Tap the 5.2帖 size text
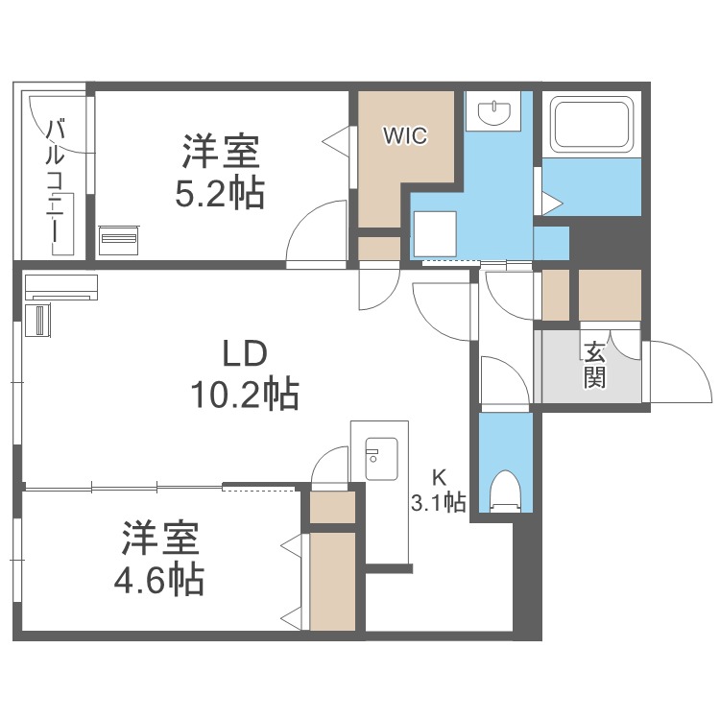pos(220,194)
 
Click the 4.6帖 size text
pos(161,578)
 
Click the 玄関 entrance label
pos(594,365)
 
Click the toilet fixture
pos(504,491)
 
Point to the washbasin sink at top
pos(495,112)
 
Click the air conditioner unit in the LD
pos(60,285)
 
